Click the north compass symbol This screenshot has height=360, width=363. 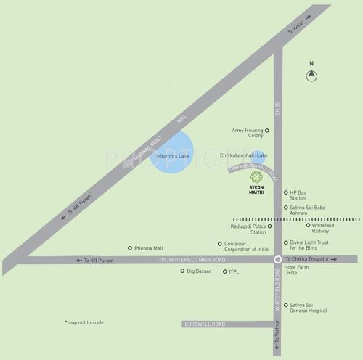[x=311, y=74]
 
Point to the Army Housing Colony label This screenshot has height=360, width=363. [x=247, y=134]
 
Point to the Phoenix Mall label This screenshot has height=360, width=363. [x=152, y=248]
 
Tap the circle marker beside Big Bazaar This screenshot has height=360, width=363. [x=182, y=271]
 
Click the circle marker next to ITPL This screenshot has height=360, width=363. [x=224, y=271]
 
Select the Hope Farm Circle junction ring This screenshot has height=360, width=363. [x=277, y=259]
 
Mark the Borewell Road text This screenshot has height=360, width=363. [x=205, y=324]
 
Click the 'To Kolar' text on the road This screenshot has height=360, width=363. [x=294, y=31]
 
